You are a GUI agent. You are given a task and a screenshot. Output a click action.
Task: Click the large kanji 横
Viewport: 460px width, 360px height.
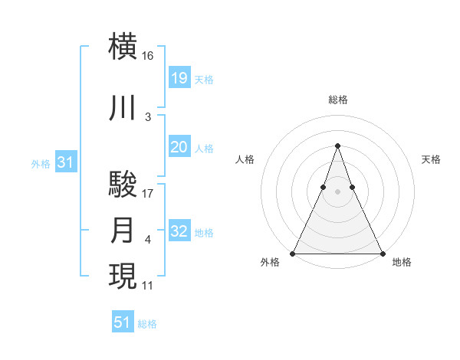(x=123, y=46)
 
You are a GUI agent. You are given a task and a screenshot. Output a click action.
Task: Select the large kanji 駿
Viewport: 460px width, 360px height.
(x=123, y=185)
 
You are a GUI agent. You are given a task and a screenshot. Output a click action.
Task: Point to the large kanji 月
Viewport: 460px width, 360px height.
(x=123, y=231)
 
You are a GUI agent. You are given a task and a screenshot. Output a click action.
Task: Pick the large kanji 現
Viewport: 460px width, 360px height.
(x=123, y=277)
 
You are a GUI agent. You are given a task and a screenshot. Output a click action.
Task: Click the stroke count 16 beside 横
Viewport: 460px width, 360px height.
(x=148, y=56)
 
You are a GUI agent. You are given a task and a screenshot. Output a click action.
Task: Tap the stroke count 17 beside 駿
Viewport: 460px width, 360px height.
(x=148, y=194)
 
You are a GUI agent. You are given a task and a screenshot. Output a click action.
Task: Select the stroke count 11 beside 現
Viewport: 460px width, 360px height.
(x=148, y=286)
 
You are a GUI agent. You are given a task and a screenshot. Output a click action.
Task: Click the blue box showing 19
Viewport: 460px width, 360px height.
(x=179, y=77)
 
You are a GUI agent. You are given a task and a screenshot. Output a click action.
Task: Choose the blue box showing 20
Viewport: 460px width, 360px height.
(x=179, y=147)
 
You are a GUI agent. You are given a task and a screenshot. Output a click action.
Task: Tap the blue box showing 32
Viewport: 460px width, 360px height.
(x=179, y=231)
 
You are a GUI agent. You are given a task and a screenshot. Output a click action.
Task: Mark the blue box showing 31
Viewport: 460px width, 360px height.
(x=65, y=162)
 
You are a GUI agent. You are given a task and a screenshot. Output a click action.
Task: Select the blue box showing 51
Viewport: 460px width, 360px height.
(x=123, y=322)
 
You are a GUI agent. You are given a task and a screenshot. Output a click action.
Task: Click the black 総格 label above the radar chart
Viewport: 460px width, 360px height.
(x=337, y=100)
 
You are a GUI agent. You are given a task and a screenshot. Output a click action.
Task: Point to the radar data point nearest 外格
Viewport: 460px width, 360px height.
(x=294, y=253)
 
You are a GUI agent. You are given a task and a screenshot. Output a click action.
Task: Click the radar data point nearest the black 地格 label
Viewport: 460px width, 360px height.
(x=382, y=253)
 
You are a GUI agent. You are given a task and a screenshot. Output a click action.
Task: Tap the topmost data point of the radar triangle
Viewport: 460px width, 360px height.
(x=337, y=146)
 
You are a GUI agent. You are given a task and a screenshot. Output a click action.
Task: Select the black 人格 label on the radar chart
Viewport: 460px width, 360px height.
(x=245, y=159)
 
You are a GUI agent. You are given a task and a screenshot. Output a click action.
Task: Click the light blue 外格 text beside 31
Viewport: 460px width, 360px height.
(x=41, y=163)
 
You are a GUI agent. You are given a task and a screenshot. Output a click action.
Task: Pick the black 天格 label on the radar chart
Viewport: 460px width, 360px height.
(x=431, y=159)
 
